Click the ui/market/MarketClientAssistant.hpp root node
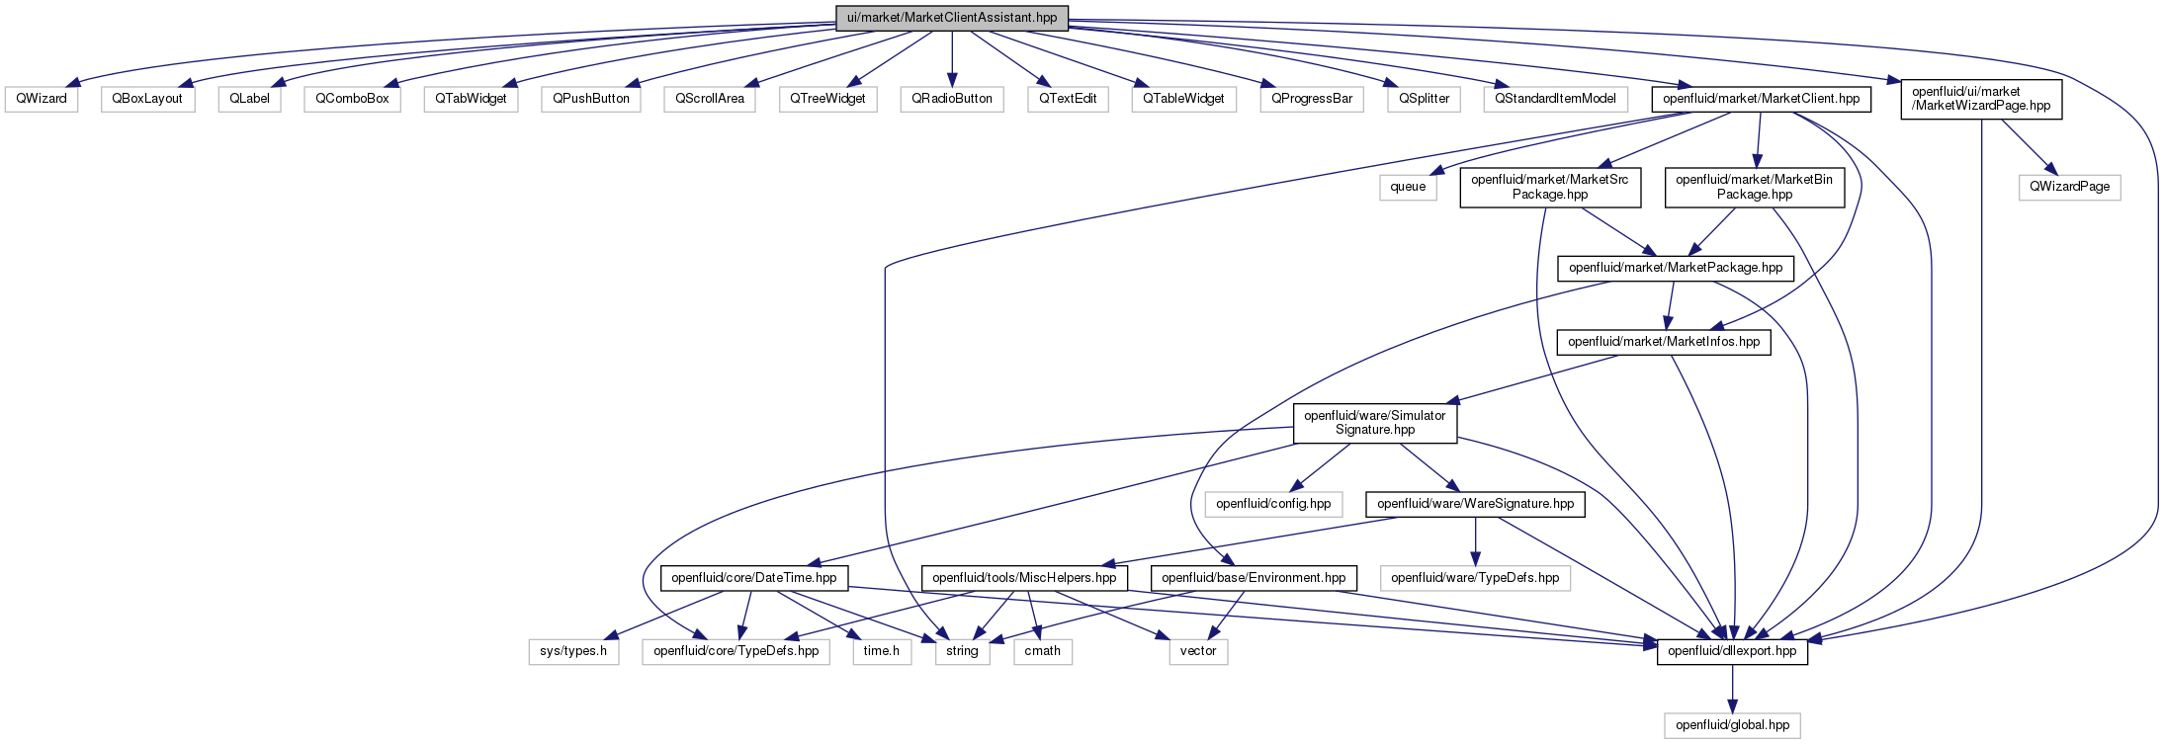point(952,18)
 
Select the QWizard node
point(42,99)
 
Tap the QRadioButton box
point(952,99)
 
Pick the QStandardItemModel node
point(1555,99)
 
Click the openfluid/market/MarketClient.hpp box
point(1761,99)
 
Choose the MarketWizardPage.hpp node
point(1981,99)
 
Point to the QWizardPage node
point(2069,187)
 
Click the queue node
point(1408,187)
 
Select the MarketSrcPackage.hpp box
point(1550,187)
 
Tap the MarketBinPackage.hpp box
point(1755,187)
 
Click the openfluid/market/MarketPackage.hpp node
point(1676,268)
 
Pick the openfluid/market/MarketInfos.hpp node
point(1664,342)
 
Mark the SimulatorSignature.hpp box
point(1375,423)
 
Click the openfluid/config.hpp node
point(1273,504)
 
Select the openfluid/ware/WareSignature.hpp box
point(1475,504)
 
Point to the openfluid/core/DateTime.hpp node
point(753,578)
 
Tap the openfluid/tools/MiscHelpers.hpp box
point(1024,578)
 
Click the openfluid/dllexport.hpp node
point(1732,652)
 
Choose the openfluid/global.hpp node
point(1732,725)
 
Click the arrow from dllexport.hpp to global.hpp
point(1732,689)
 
